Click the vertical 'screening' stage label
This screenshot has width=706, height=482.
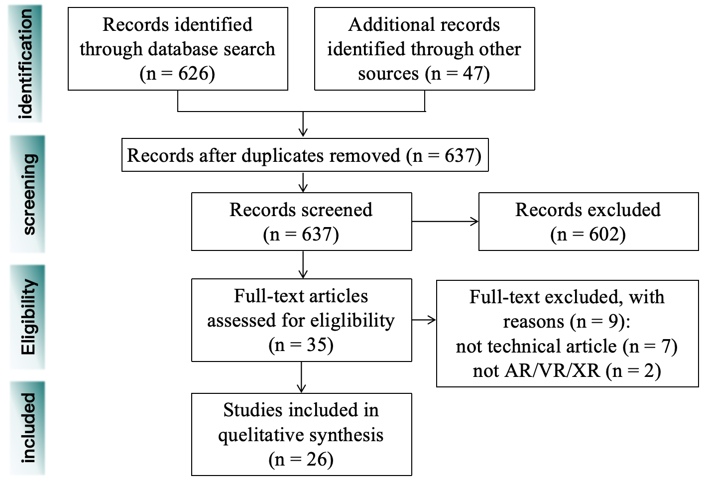point(28,194)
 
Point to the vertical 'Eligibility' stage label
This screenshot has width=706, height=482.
point(28,317)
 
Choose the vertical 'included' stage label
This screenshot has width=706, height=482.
point(28,428)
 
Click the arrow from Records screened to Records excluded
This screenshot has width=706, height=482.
point(445,222)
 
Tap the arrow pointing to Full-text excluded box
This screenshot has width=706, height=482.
point(424,320)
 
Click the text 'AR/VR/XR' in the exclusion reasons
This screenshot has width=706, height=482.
point(552,371)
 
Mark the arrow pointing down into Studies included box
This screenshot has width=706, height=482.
point(301,378)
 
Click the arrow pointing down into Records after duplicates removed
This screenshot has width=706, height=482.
point(303,124)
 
